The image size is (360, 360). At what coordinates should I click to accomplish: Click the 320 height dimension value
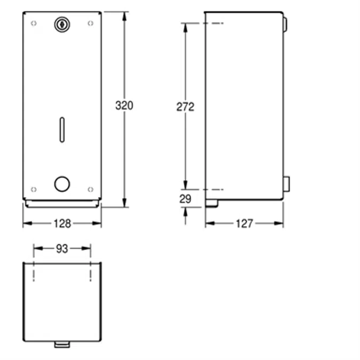(124, 106)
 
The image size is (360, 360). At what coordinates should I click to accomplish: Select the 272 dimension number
(186, 107)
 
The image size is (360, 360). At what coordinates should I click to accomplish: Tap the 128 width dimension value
(62, 223)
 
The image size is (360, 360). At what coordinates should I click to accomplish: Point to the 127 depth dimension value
(244, 223)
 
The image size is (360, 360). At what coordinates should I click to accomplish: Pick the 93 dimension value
(62, 248)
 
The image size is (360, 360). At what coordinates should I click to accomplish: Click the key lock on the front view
(62, 23)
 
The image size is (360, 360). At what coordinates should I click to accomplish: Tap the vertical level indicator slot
(62, 129)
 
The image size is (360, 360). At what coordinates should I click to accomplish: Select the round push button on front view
(62, 184)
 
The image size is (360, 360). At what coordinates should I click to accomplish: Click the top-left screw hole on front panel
(34, 23)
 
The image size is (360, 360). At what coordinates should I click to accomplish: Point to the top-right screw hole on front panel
(90, 23)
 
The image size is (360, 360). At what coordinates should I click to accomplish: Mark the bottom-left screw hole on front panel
(34, 189)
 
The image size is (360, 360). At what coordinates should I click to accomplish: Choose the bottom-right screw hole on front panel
(90, 189)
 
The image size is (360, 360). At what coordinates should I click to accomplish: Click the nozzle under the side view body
(212, 203)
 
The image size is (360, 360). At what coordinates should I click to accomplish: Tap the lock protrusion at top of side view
(285, 24)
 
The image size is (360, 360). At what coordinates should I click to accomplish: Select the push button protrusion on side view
(286, 183)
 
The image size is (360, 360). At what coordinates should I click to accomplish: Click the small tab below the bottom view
(62, 345)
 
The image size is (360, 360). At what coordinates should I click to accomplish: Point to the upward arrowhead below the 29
(186, 211)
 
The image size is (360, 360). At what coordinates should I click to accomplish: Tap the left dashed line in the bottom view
(34, 271)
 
